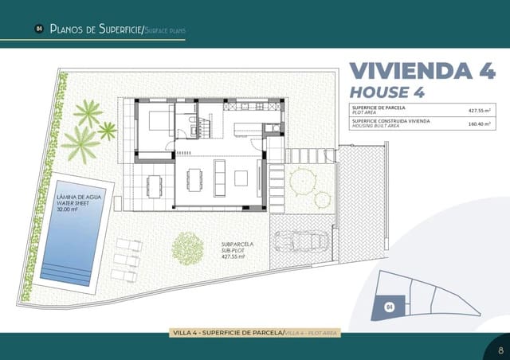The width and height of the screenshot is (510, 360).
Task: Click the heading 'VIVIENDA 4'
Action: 422,70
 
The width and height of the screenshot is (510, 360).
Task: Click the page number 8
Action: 500,349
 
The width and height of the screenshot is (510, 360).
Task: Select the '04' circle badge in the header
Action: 38,29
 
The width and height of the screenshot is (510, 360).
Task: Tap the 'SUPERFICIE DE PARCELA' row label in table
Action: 379,108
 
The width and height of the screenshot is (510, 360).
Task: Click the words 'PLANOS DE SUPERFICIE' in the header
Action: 94,29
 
